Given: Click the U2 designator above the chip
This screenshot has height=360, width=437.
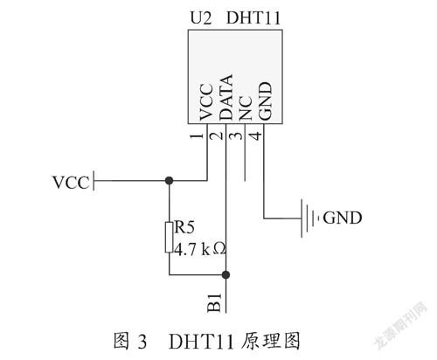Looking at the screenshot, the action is pos(201,18).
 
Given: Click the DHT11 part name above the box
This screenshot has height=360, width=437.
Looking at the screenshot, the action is pos(253,18).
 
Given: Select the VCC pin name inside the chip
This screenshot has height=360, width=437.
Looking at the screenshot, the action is pos(206,102).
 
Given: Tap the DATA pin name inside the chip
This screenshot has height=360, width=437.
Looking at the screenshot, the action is pos(225,97).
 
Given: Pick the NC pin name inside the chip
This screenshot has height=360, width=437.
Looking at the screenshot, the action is pos(246,108).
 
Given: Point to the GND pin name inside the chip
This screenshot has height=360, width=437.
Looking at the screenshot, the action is pos(265,100).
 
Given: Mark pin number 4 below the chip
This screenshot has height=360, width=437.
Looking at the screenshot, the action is pos(255,136).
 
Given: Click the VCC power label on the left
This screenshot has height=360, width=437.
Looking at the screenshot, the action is pos(71,183).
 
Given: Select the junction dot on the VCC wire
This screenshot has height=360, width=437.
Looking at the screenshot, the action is pos(169,181).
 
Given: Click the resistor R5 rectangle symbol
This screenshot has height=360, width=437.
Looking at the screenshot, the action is pos(169,237).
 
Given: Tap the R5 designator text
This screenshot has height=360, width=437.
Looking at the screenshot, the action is pos(184,227).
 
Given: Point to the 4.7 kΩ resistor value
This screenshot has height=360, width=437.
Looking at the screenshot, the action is pos(199,249).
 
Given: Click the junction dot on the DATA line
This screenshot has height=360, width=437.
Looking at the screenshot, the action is pos(225,274).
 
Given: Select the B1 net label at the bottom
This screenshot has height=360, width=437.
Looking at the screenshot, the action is pos(214,303).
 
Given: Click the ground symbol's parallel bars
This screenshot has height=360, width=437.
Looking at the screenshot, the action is pos(308,218).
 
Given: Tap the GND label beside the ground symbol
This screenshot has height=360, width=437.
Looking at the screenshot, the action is pos(343,218).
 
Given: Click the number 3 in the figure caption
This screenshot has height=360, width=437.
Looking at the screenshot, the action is pos(142,342).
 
